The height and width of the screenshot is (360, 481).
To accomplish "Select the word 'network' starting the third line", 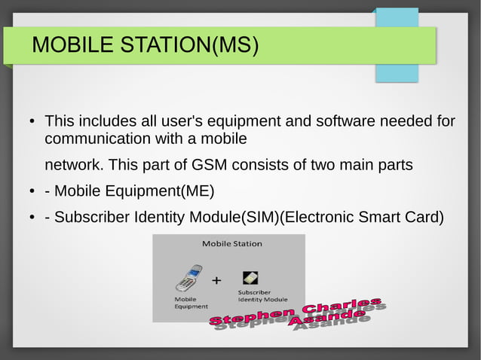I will pos(73,164).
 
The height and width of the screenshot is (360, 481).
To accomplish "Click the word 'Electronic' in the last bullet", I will pos(319,218).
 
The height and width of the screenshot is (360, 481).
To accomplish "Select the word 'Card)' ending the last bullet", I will pos(424,218).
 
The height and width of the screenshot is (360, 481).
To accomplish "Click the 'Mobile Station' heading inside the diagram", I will pos(231,243).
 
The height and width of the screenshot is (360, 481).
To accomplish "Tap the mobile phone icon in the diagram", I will pos(188,278).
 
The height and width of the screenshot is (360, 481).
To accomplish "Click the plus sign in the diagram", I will pos(217,281).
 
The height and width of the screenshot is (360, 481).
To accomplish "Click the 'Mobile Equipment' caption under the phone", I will pos(191,303).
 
